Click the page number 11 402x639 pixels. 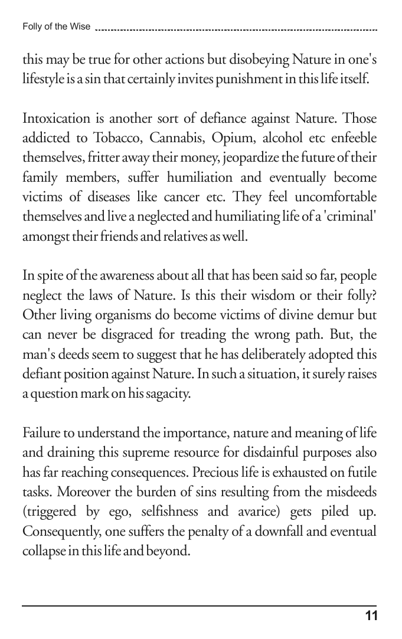pos(371,617)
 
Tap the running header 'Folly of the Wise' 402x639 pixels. pos(56,27)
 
